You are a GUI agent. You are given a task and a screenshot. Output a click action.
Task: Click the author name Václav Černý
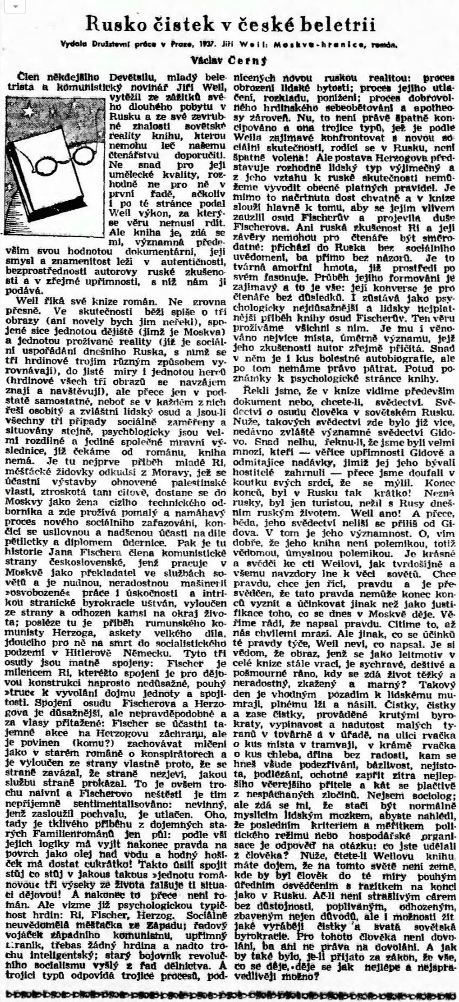coord(230,59)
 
